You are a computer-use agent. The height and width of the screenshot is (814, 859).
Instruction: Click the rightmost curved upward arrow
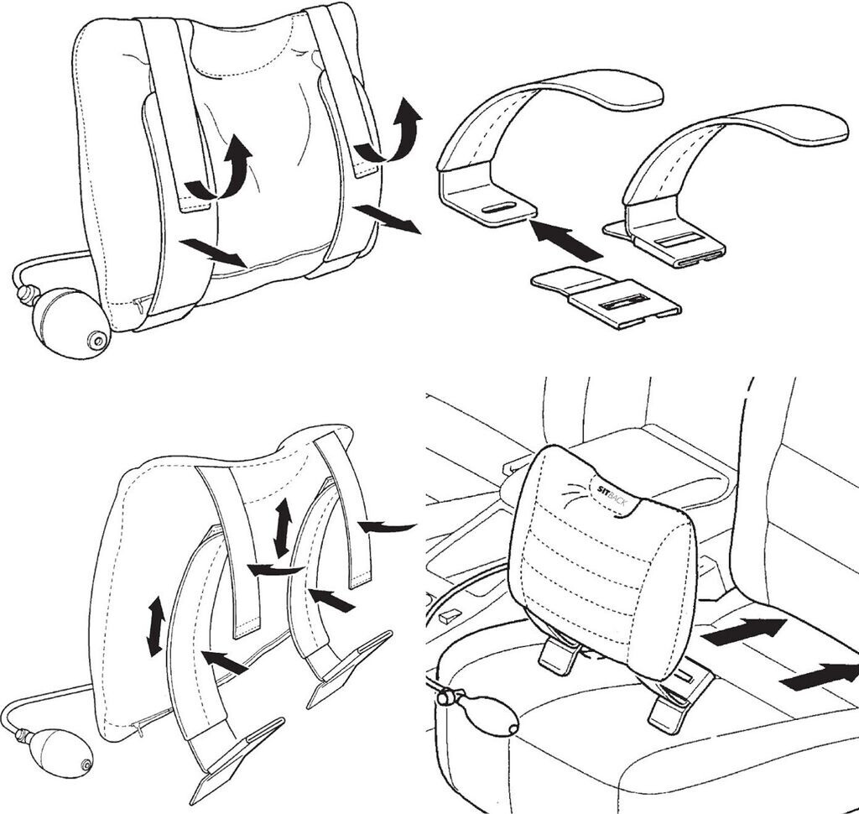390,130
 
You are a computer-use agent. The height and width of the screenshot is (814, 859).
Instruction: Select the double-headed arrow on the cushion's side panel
155,627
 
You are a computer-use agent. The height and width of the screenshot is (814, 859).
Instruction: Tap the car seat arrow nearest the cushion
744,630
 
